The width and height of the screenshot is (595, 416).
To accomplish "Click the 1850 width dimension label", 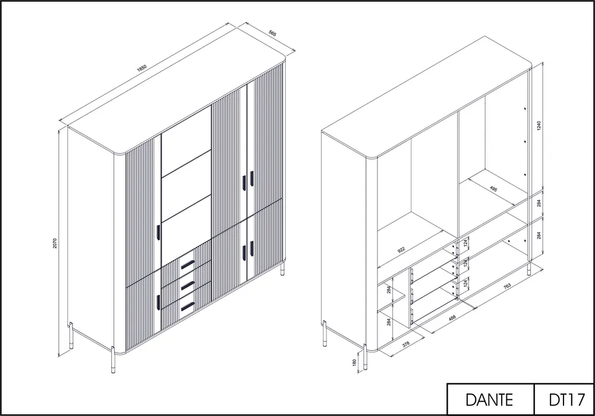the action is pos(141,68).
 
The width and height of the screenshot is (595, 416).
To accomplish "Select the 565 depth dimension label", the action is pos(272,33).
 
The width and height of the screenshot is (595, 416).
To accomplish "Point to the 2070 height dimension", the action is pos(55,243).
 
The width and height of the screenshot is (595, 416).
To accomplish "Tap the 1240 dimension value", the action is pos(539,125).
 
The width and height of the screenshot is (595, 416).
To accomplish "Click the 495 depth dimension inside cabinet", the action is pos(493,188).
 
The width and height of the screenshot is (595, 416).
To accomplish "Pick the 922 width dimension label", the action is pos(401,250).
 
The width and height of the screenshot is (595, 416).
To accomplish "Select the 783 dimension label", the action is pos(507,286).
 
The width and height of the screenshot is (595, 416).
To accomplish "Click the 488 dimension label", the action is pos(452,318).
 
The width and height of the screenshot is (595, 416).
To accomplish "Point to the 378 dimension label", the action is pos(405,344).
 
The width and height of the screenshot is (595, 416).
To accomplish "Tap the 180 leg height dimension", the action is pos(354,363).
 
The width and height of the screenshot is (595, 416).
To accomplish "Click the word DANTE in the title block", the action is pos(489,400).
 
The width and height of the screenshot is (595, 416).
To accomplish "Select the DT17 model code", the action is pos(566,400).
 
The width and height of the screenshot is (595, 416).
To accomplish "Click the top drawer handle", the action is pos(187,264).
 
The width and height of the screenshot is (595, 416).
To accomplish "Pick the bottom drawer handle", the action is pos(187,305).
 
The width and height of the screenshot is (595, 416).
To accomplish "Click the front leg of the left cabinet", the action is pos(113,360).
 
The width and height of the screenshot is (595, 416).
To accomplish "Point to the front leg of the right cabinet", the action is pos(365,357).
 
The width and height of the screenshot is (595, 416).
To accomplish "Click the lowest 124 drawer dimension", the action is pos(465,283).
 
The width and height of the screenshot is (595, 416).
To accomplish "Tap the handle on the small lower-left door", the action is pos(158,302).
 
